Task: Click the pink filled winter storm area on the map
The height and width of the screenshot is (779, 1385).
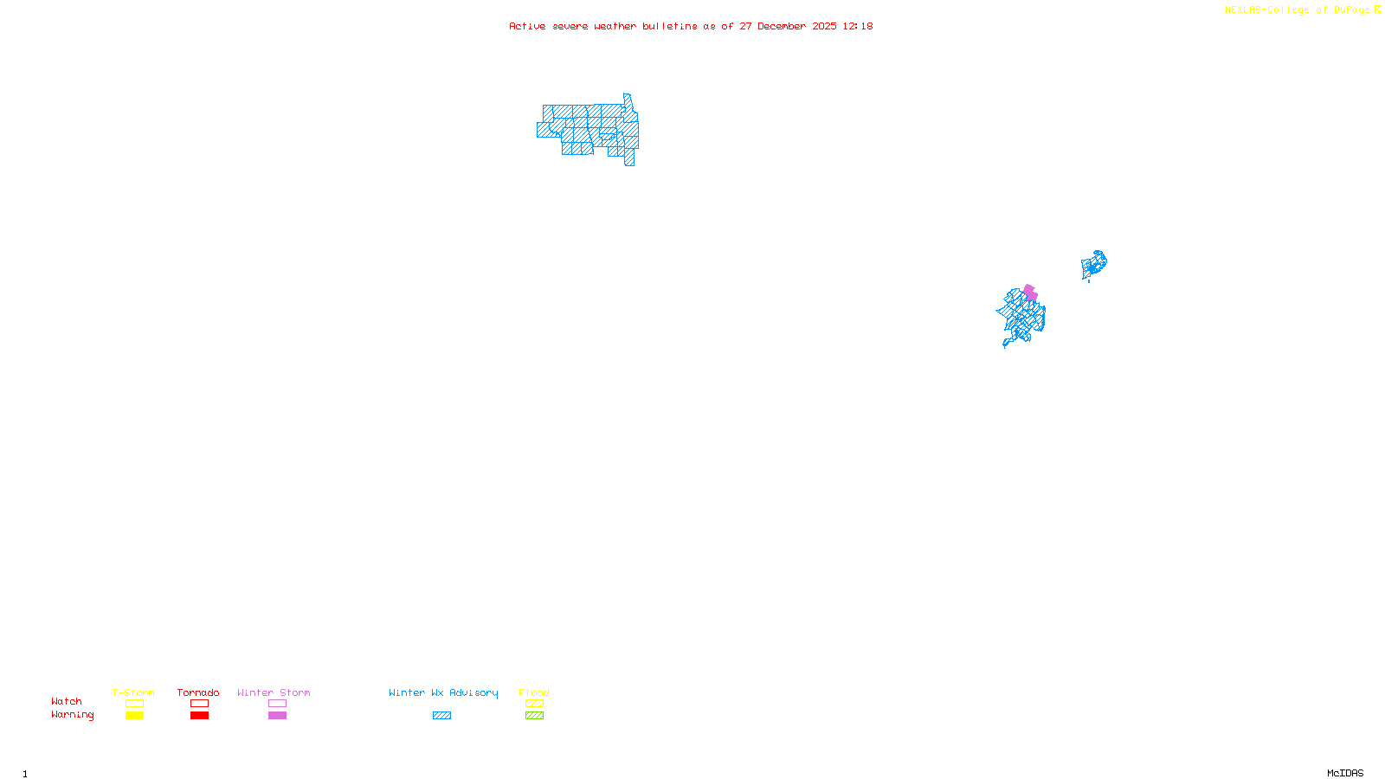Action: coord(1030,293)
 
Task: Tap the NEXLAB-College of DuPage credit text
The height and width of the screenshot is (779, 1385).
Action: coord(1297,10)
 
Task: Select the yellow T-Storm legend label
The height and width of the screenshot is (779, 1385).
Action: coord(133,692)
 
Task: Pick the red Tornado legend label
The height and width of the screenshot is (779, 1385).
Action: coord(198,692)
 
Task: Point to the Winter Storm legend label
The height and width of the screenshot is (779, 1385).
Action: coord(274,692)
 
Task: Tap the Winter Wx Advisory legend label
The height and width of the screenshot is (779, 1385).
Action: coord(443,692)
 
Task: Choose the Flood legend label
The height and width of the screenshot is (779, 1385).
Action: coord(534,692)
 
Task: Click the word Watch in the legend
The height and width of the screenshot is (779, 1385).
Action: coord(67,702)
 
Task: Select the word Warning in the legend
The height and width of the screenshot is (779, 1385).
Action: coord(72,715)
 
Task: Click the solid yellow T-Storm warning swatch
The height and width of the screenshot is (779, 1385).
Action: coord(134,716)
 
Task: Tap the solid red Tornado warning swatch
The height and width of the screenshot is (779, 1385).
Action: coord(199,716)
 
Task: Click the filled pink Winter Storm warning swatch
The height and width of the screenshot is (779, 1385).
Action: coord(277,716)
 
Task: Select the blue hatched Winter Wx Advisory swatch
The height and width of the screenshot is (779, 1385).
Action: coord(441,716)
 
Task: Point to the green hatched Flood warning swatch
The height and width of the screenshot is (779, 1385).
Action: coord(534,716)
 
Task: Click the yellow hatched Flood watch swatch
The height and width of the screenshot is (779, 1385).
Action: coord(534,704)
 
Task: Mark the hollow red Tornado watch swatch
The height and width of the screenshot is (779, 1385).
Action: coord(199,704)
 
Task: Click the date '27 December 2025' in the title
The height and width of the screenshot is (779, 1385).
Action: coord(788,26)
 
